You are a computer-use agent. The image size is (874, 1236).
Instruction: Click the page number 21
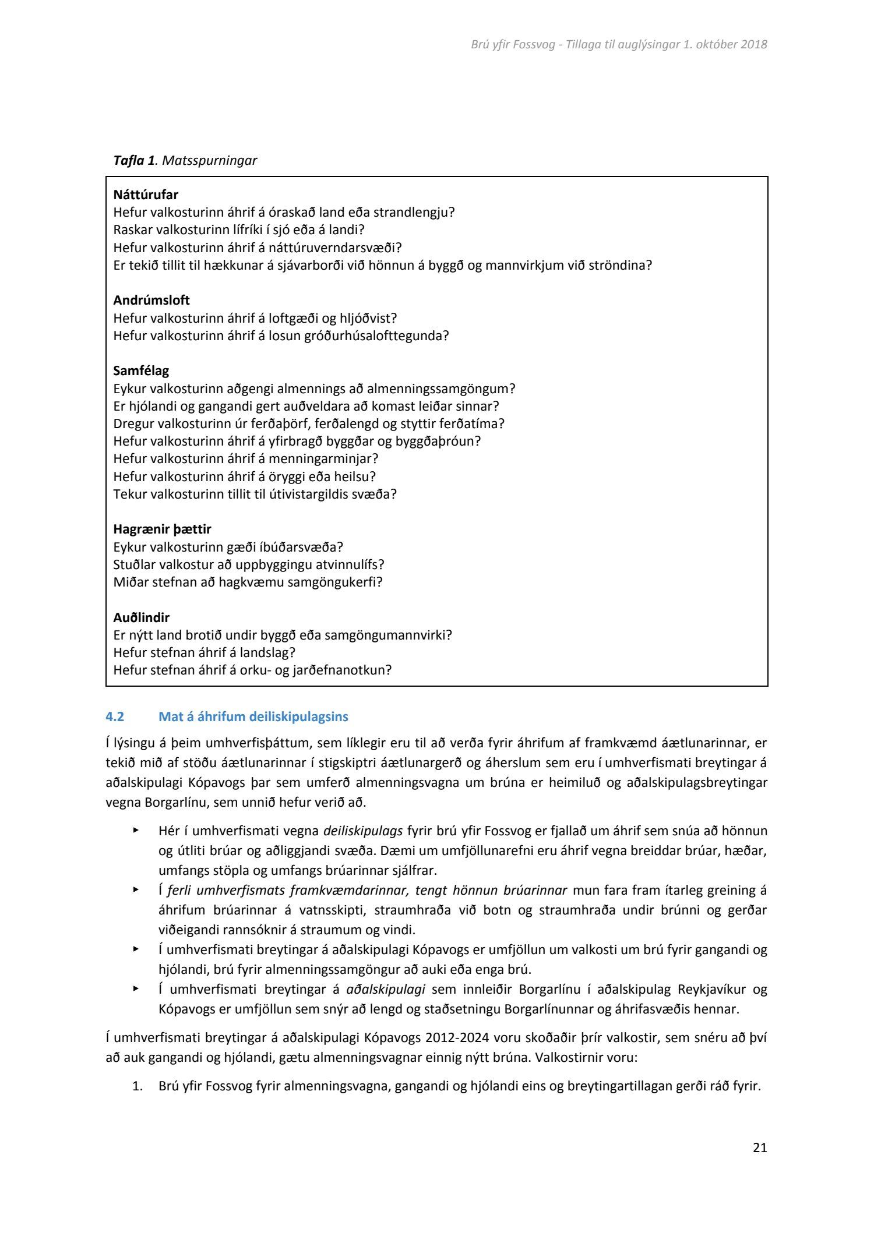pos(760,1148)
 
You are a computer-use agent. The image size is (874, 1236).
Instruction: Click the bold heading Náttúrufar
pos(146,195)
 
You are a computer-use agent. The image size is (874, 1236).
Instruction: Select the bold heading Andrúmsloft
pos(151,301)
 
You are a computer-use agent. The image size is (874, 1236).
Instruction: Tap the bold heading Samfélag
pos(141,371)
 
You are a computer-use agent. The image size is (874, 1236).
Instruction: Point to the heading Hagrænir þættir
pos(162,529)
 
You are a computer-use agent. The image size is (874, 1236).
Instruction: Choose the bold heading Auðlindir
pos(142,617)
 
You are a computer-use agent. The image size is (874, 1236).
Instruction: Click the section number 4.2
pos(115,716)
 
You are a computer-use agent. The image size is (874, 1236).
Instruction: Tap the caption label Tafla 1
pos(134,161)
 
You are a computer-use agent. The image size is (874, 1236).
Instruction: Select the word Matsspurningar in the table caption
pos(209,161)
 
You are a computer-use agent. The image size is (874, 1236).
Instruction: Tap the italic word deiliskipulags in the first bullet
pos(362,831)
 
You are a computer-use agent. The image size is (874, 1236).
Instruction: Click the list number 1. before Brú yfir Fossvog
pos(138,1086)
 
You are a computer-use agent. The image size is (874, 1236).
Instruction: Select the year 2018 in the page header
pos(754,44)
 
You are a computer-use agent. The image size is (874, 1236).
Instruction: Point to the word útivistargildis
pos(308,494)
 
